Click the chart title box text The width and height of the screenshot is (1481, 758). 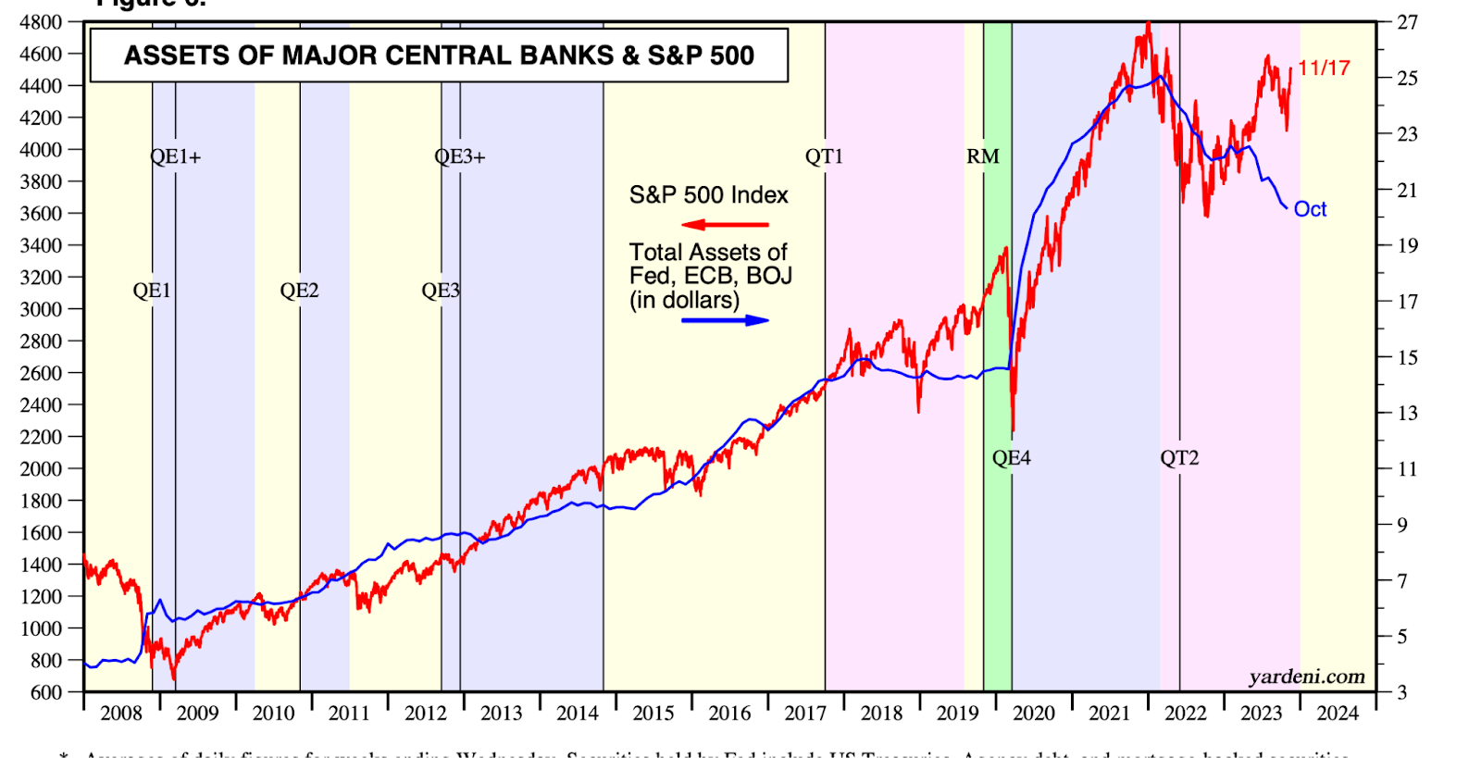click(x=439, y=56)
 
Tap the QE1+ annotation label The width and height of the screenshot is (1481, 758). click(x=175, y=156)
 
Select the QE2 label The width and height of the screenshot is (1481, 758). click(x=299, y=291)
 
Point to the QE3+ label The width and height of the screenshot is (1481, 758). click(x=459, y=156)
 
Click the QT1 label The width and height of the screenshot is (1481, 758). click(x=824, y=156)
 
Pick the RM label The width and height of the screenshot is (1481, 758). click(x=983, y=156)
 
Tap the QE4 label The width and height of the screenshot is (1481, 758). click(x=1011, y=458)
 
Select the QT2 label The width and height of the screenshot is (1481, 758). click(x=1179, y=458)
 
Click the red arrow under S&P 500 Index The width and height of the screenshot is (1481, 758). click(x=725, y=224)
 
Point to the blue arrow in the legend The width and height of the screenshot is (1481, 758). click(x=725, y=320)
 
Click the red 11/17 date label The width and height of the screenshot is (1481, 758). click(x=1324, y=68)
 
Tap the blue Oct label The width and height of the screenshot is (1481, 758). click(x=1310, y=209)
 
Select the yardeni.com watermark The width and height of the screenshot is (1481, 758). click(x=1306, y=677)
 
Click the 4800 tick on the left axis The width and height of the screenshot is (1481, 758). click(x=41, y=22)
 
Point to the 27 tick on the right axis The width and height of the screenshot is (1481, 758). click(x=1407, y=22)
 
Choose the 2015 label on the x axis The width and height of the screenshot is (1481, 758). click(x=653, y=714)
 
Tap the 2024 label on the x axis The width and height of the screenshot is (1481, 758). click(x=1338, y=714)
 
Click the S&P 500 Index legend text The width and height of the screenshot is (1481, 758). click(x=708, y=195)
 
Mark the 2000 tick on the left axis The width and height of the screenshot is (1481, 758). click(x=41, y=469)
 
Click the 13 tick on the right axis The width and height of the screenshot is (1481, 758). click(x=1407, y=413)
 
